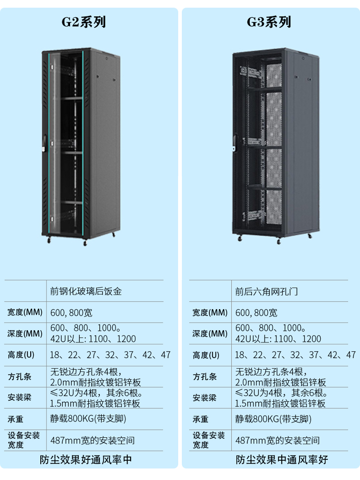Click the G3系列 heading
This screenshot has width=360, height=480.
tap(269, 22)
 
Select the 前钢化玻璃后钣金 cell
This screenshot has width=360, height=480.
tap(86, 291)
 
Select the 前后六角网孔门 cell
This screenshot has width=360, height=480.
tap(266, 291)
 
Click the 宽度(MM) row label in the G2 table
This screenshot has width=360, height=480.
tap(25, 313)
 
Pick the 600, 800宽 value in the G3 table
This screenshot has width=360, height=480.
tap(256, 313)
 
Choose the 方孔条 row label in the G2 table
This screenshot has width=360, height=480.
tap(20, 377)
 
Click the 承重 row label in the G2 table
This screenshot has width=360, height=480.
tap(16, 419)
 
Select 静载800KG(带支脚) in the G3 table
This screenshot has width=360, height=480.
tap(273, 419)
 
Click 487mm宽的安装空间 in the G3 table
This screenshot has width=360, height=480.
tap(277, 440)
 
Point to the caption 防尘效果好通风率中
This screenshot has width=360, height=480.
tap(86, 459)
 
